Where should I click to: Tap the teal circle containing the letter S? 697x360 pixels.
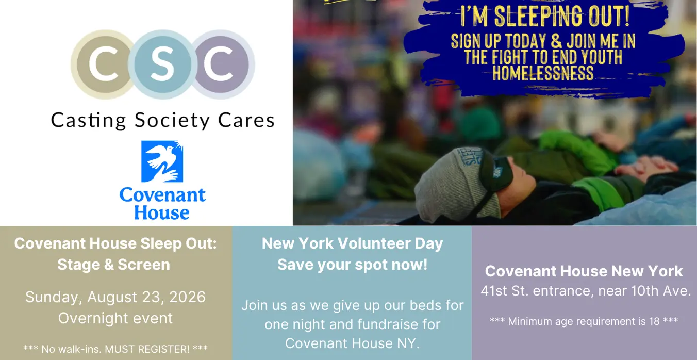[162, 64]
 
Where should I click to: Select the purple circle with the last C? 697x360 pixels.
[222, 64]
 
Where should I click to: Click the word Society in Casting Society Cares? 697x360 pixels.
[172, 121]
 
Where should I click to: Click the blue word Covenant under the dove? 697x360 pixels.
[162, 195]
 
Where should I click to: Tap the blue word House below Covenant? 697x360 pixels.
[161, 212]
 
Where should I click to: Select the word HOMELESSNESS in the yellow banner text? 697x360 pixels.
[543, 73]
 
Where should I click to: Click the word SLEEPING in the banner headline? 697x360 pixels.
[538, 16]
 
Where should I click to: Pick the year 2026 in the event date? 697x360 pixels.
[187, 297]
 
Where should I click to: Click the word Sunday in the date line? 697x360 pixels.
[54, 297]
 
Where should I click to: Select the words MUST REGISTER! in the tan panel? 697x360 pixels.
[147, 349]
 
